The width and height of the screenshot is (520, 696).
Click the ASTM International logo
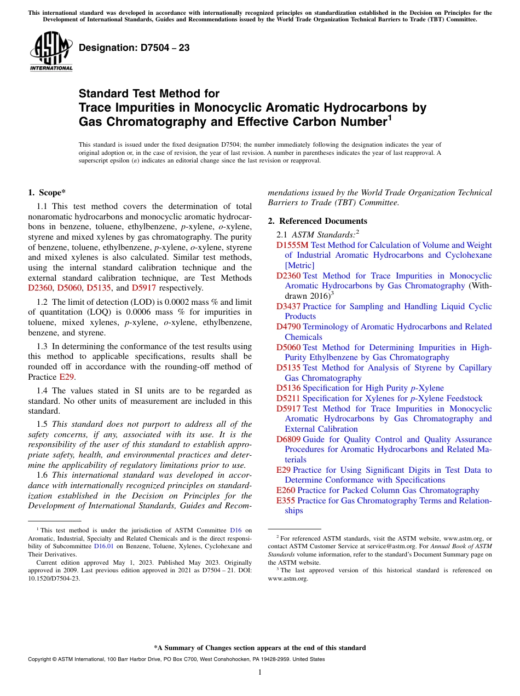coord(51,51)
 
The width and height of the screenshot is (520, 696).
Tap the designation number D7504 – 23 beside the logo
coord(134,48)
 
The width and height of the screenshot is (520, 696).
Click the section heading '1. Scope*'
coord(47,193)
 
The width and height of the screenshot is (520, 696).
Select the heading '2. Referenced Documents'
coord(317,221)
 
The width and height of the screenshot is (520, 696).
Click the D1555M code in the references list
coord(292,245)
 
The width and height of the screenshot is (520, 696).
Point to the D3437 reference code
coord(288,306)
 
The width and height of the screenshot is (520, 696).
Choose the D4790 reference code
coord(288,327)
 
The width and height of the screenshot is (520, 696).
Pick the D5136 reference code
coord(288,388)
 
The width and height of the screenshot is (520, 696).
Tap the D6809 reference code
coord(288,439)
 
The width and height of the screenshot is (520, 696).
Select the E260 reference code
coord(286,490)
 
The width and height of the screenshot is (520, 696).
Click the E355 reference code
coord(286,501)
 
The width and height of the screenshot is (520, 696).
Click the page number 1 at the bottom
coord(260,672)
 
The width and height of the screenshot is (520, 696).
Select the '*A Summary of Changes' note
coord(259,648)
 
